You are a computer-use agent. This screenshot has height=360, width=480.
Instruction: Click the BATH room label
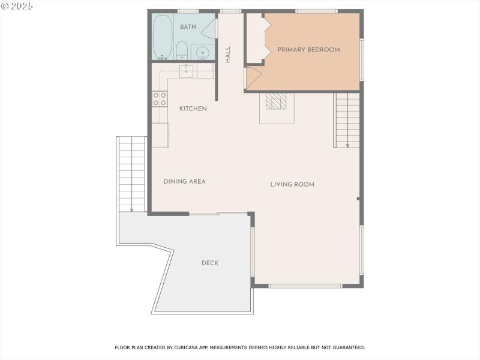click(x=188, y=27)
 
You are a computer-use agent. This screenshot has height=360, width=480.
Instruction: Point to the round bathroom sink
click(x=203, y=53)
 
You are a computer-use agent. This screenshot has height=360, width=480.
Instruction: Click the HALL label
click(x=228, y=55)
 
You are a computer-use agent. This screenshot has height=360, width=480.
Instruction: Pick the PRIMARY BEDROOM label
click(x=308, y=50)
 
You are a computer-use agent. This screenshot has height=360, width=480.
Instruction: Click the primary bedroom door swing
click(x=252, y=79)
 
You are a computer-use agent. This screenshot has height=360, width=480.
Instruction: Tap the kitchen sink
click(x=187, y=70)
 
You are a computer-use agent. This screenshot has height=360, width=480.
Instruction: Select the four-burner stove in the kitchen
click(x=160, y=99)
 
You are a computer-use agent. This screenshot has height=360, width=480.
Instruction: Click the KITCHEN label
click(x=193, y=109)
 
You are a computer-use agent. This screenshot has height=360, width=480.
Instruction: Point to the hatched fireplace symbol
click(x=277, y=102)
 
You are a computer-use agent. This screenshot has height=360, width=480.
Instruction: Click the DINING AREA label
click(x=185, y=181)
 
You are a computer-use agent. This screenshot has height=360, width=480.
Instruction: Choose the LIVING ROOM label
click(x=292, y=184)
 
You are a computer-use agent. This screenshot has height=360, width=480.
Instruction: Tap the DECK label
click(x=210, y=263)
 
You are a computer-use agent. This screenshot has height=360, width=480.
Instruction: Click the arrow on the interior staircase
click(x=347, y=144)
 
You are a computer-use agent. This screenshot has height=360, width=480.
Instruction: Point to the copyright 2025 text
click(x=17, y=5)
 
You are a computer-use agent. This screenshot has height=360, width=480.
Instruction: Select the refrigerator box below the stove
click(x=160, y=135)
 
